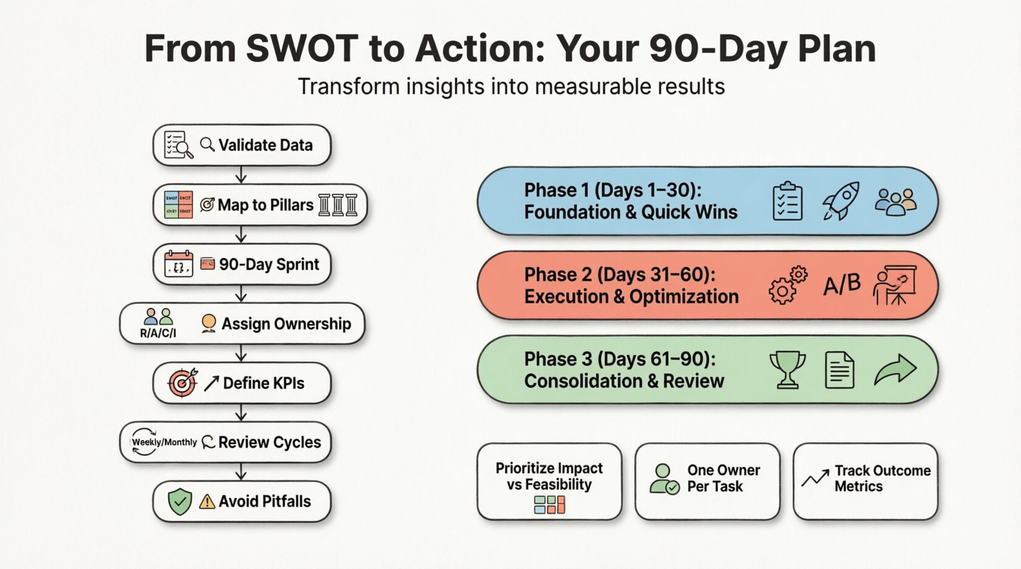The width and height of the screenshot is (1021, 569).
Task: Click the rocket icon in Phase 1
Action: [841, 201]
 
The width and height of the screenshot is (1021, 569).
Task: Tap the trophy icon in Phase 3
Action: [787, 370]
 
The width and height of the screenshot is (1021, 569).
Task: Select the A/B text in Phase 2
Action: [841, 284]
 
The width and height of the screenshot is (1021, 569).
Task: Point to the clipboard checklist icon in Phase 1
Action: [787, 201]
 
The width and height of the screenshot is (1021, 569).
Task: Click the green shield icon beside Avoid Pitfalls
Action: [180, 502]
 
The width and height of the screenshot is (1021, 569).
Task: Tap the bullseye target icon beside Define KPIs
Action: [183, 383]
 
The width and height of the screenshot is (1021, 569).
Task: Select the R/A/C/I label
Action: [158, 334]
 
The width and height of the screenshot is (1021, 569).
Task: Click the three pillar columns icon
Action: [338, 205]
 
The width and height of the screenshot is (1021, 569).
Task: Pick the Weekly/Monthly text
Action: [164, 442]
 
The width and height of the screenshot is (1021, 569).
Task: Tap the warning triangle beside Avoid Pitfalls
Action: [207, 502]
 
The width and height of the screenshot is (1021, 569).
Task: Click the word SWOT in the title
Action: [302, 49]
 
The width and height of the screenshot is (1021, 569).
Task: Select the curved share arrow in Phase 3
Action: [895, 370]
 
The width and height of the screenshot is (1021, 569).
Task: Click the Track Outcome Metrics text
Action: [882, 478]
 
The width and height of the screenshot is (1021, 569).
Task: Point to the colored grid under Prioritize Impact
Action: [549, 505]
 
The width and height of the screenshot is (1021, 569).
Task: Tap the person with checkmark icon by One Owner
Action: [664, 479]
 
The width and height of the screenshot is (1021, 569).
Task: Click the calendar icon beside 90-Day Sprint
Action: [179, 264]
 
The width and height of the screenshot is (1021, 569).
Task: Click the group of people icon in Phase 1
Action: [895, 201]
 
